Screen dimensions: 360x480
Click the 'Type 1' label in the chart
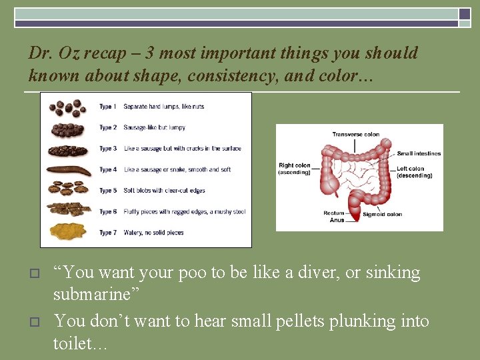(107, 107)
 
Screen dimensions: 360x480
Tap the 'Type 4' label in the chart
(107, 170)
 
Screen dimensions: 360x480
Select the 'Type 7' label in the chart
(107, 233)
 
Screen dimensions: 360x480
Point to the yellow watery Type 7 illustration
(67, 231)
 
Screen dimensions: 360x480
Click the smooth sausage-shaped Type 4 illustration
(69, 170)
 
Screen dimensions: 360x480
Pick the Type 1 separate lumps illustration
(67, 107)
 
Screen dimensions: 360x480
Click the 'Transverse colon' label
(355, 135)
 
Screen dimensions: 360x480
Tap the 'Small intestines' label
(419, 153)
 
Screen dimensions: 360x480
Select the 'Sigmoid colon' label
(382, 215)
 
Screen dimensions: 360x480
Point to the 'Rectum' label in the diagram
(333, 213)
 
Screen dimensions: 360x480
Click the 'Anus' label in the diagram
(337, 220)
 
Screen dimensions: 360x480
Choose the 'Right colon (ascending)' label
(294, 169)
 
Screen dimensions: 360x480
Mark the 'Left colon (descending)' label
(414, 172)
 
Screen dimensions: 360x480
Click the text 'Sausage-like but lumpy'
(154, 127)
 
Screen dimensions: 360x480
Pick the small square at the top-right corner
(465, 13)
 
